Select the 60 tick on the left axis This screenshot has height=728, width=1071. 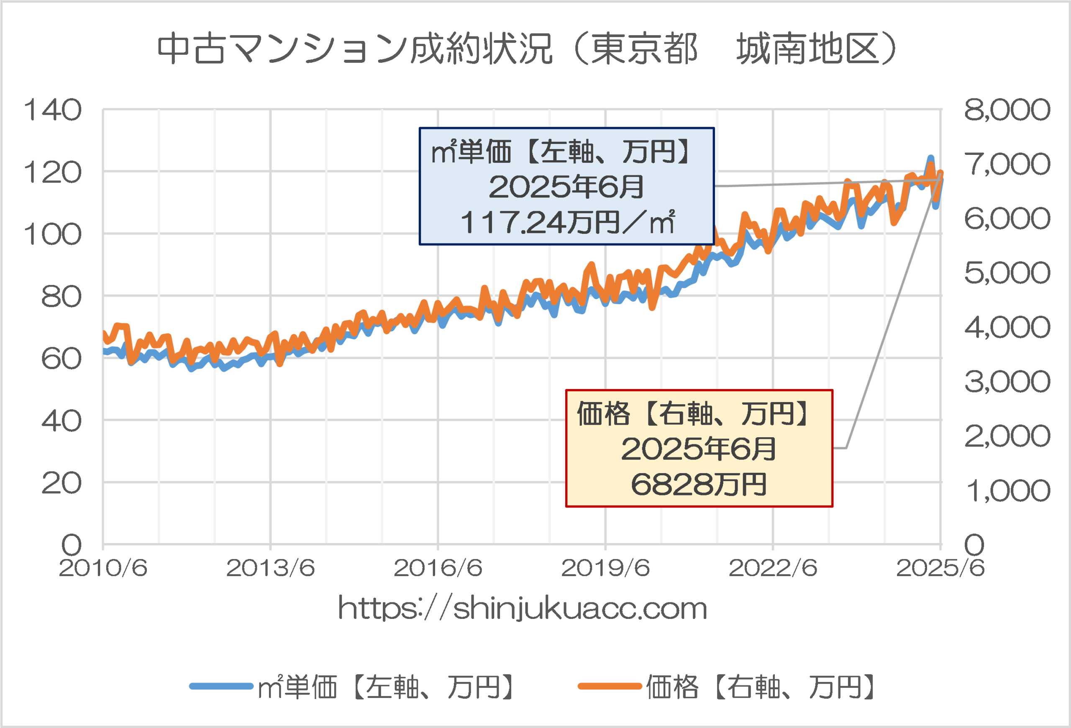61,359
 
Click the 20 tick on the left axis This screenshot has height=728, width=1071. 61,483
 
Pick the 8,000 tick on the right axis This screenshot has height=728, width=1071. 1007,110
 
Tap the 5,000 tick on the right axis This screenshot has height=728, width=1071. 1007,273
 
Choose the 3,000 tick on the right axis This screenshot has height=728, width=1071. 1007,382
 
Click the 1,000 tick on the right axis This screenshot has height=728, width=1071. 1007,491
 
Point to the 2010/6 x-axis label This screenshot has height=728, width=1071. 103,568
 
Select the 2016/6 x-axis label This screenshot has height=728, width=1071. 438,568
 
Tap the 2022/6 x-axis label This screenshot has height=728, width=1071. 773,568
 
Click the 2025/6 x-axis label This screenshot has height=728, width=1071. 940,568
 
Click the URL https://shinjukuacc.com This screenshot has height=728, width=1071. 523,608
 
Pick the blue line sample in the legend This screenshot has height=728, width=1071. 221,687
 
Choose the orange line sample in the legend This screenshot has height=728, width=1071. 610,687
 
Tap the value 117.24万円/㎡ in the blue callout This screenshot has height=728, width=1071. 567,223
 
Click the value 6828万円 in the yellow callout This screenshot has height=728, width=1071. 699,485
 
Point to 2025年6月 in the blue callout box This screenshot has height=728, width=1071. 566,187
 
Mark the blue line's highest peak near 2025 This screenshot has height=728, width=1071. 930,158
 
